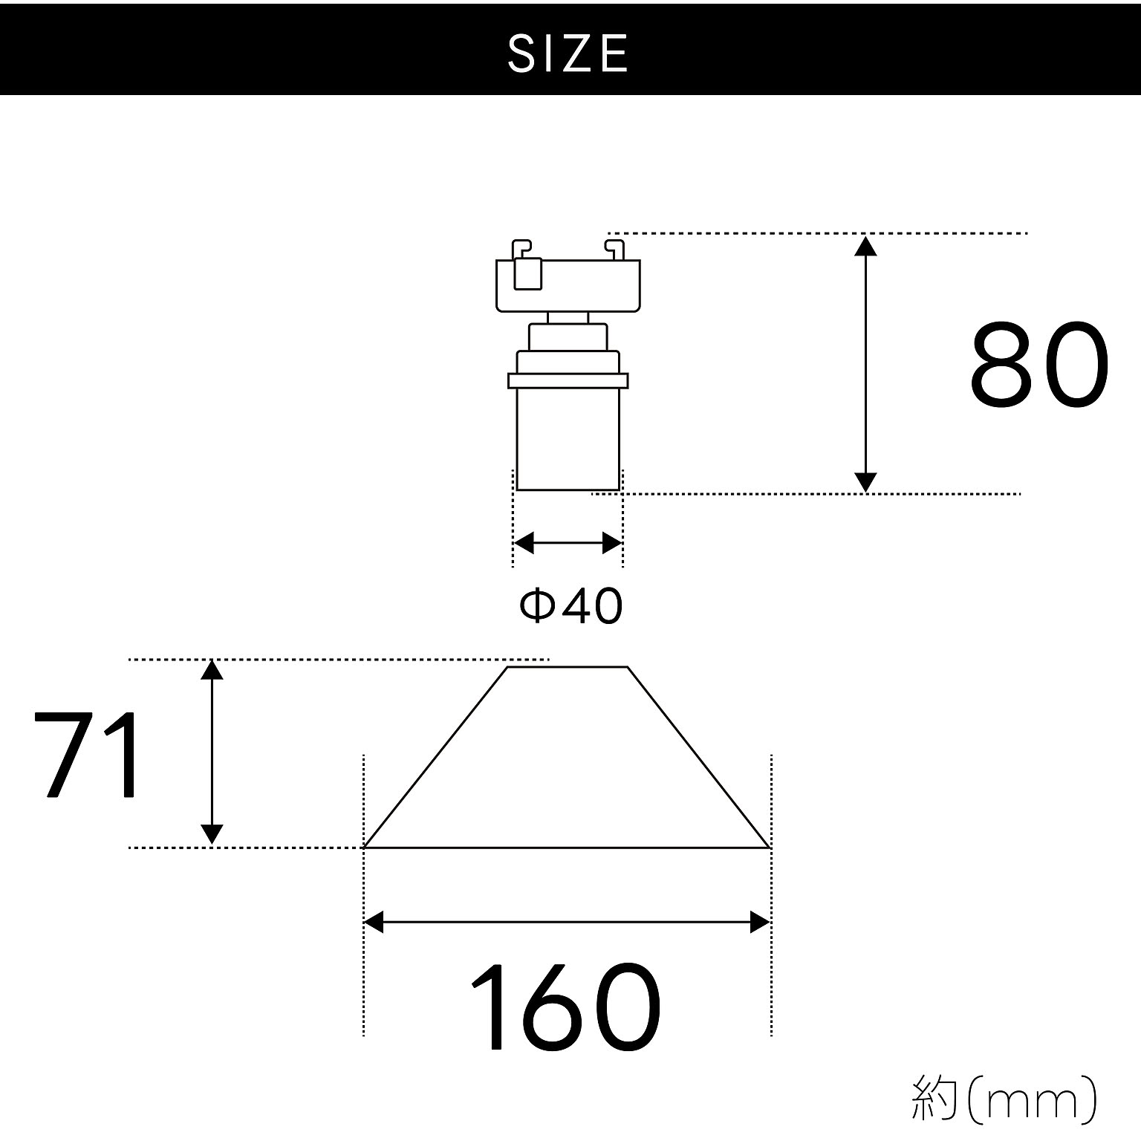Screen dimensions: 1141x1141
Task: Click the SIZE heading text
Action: [x=568, y=53]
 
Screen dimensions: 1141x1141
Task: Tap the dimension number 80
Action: [x=1040, y=365]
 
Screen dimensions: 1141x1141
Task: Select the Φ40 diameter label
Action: [x=570, y=605]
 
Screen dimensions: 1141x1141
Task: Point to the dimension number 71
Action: [x=87, y=754]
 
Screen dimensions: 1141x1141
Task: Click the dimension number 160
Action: [x=565, y=1007]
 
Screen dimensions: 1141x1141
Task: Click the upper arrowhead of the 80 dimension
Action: [x=865, y=245]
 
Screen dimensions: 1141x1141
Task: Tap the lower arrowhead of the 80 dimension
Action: [x=865, y=482]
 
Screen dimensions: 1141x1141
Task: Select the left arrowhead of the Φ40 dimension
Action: [x=524, y=543]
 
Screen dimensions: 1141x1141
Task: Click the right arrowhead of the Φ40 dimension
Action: [x=612, y=543]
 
